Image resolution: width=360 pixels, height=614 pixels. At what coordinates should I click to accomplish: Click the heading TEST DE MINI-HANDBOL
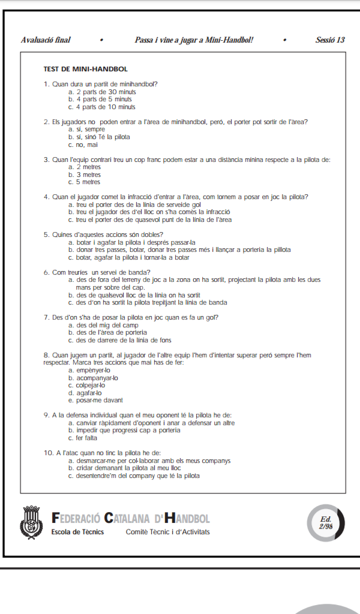pyautogui.click(x=85, y=70)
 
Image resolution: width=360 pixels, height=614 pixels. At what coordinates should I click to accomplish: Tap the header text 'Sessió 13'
pyautogui.click(x=330, y=40)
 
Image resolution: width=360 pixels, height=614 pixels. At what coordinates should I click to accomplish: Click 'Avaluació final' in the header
pyautogui.click(x=46, y=40)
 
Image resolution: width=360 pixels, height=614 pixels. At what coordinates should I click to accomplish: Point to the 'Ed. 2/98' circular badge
pyautogui.click(x=326, y=522)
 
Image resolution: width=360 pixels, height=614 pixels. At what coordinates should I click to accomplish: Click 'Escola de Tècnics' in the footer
pyautogui.click(x=78, y=532)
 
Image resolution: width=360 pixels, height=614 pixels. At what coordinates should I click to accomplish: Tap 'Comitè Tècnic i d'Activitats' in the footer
pyautogui.click(x=168, y=532)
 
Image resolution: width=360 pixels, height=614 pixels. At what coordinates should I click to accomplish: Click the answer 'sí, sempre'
pyautogui.click(x=87, y=129)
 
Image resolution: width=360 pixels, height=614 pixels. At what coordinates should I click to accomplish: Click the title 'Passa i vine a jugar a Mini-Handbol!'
pyautogui.click(x=194, y=40)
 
